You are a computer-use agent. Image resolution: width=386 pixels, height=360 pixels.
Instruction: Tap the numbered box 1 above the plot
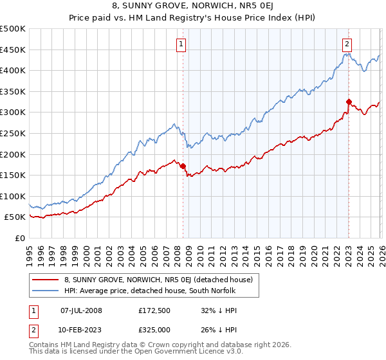tap(181, 44)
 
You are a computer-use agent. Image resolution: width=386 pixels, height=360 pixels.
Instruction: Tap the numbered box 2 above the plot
tap(347, 44)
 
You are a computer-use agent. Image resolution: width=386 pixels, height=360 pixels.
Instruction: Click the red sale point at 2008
tap(183, 166)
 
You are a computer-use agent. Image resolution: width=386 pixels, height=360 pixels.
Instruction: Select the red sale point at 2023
tap(349, 102)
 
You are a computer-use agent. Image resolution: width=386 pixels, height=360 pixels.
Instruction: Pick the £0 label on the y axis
tap(19, 238)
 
